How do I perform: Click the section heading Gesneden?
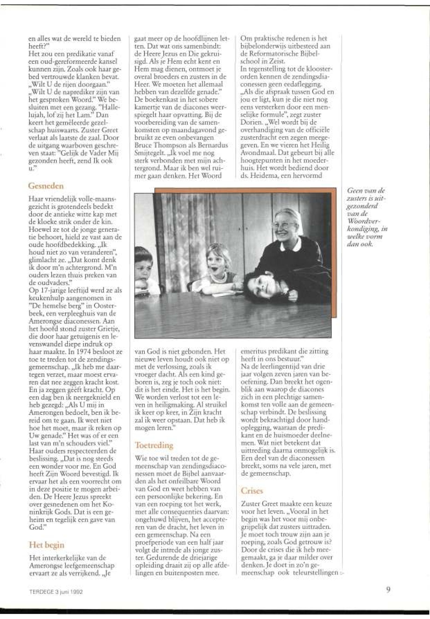click(x=46, y=186)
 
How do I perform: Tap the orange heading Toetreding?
click(x=154, y=445)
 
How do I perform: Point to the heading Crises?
click(x=252, y=491)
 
